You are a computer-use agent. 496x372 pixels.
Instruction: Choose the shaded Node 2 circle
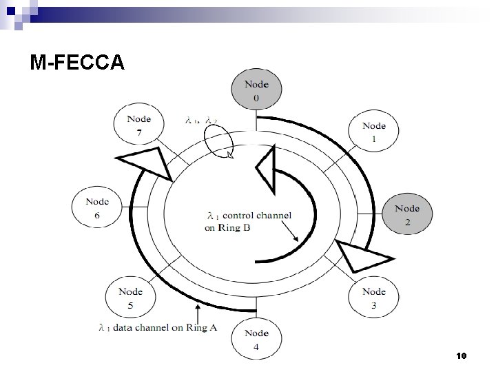pos(407,215)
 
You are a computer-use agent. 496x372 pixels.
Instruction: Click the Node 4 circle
pos(256,340)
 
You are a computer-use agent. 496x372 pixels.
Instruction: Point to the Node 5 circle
pos(130,298)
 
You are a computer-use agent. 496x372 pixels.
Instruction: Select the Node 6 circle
pos(97,209)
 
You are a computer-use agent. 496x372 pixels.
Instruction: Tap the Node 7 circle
pos(138,125)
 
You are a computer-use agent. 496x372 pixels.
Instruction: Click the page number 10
pos(461,355)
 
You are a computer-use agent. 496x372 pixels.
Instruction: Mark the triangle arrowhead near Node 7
pos(147,164)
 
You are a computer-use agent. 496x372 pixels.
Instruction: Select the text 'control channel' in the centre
pos(257,215)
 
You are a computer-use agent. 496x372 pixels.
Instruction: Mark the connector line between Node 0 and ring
pos(256,122)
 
